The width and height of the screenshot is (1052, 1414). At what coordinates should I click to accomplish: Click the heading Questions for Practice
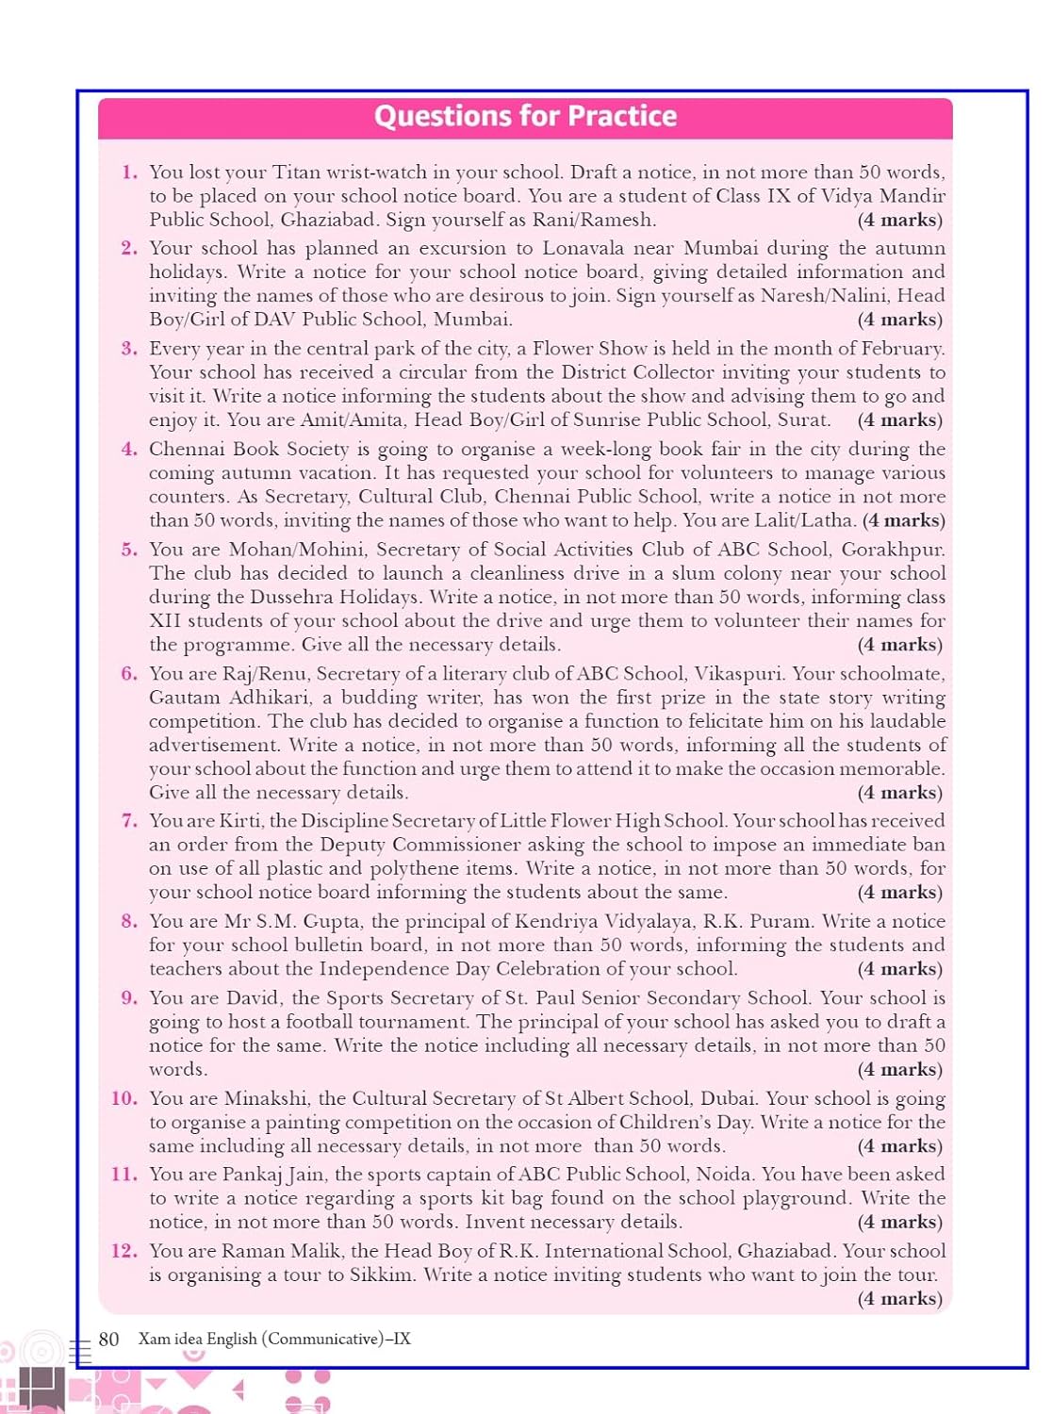(x=525, y=116)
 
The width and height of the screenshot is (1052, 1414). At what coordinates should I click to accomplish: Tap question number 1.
(x=129, y=173)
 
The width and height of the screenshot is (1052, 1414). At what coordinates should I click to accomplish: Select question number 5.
(x=129, y=550)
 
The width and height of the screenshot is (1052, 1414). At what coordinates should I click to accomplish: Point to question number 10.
(x=124, y=1098)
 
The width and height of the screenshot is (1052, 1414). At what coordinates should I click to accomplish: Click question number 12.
(x=124, y=1251)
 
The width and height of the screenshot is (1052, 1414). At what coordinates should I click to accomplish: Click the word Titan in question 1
(x=296, y=173)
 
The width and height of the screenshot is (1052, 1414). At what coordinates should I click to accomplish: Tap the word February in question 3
(x=896, y=349)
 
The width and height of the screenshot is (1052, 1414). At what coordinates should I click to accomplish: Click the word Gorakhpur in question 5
(x=893, y=550)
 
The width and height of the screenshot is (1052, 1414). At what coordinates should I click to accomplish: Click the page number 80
(x=108, y=1339)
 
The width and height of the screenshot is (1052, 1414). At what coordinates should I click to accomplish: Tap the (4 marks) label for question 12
(x=899, y=1298)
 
